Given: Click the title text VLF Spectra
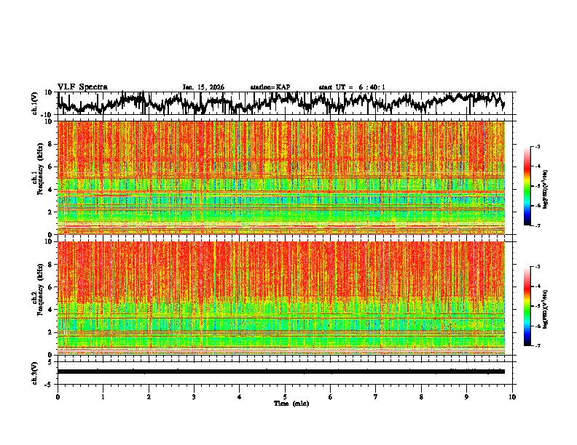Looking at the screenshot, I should [82, 87].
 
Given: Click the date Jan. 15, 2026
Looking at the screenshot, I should [203, 87].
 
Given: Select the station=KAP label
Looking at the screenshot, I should [270, 87].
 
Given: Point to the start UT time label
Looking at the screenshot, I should [352, 87].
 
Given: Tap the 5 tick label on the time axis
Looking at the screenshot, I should [285, 396].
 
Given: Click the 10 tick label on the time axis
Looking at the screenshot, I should [512, 396].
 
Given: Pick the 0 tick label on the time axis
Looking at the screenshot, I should [58, 396].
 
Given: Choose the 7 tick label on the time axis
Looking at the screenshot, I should [376, 396].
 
